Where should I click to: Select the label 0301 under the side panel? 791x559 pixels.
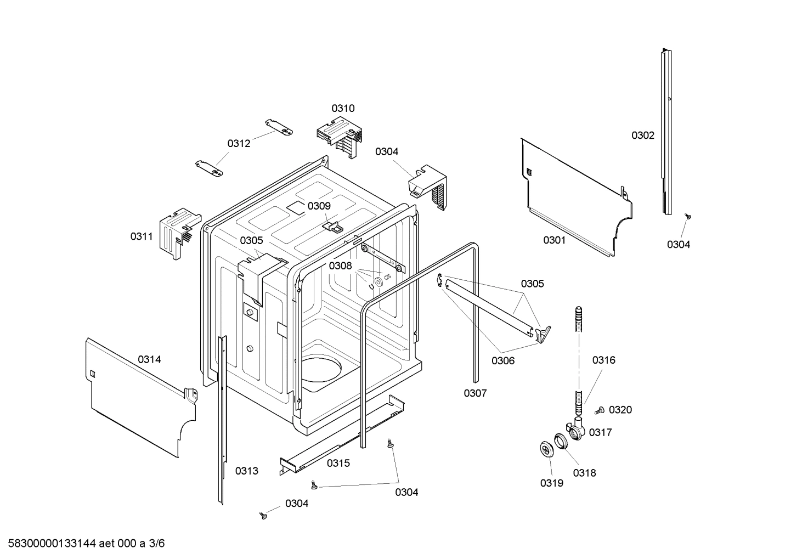(554, 240)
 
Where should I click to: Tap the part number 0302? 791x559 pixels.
(642, 135)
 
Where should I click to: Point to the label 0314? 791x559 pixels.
(149, 359)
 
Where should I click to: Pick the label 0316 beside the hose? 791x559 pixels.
(603, 360)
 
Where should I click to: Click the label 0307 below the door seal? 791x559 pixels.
(475, 393)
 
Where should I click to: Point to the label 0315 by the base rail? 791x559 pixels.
(338, 463)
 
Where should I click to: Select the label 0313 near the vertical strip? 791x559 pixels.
(246, 471)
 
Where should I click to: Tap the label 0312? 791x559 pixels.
(239, 143)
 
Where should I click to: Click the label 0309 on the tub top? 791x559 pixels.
(319, 206)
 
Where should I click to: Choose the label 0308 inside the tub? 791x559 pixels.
(340, 266)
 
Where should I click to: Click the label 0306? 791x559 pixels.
(502, 360)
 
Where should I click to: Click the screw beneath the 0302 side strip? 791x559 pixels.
(686, 217)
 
